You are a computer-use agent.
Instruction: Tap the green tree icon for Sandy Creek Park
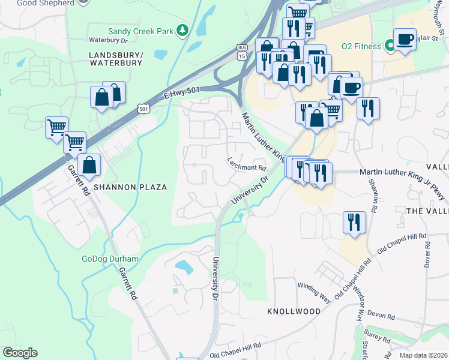[x=183, y=30]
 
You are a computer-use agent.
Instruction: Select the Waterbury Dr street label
[x=109, y=40]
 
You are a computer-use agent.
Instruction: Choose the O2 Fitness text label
[x=361, y=46]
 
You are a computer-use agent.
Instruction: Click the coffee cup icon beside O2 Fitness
[x=405, y=40]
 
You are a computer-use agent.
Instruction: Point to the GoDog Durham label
[x=110, y=259]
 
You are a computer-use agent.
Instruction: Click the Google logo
[x=20, y=353]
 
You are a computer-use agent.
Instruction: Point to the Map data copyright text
[x=423, y=355]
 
